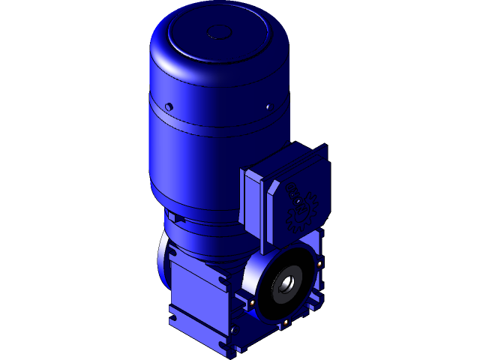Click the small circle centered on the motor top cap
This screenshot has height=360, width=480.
tap(220, 31)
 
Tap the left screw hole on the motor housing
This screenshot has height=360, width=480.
tap(169, 106)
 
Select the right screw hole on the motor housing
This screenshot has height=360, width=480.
tap(268, 107)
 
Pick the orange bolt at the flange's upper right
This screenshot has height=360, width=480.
tap(319, 262)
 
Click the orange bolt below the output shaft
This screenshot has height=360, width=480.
tap(286, 323)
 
